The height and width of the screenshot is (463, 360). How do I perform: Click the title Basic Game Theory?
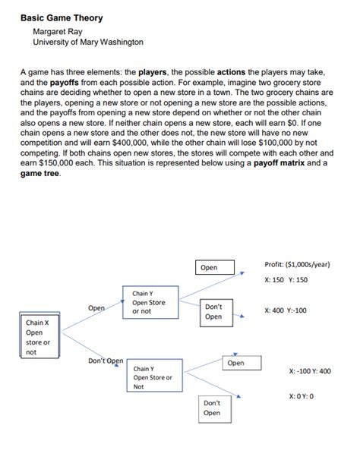click(x=62, y=18)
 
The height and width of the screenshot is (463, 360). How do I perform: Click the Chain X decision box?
click(x=39, y=336)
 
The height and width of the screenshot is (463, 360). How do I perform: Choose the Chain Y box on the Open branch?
click(x=149, y=302)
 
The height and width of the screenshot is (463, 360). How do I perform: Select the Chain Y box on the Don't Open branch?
click(x=153, y=376)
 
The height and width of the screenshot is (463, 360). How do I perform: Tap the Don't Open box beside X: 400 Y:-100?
click(x=213, y=311)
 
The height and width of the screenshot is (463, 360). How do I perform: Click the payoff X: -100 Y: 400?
click(x=310, y=371)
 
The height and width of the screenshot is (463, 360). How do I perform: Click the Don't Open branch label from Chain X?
click(x=106, y=361)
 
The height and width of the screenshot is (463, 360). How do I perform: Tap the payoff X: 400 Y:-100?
click(x=286, y=310)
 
